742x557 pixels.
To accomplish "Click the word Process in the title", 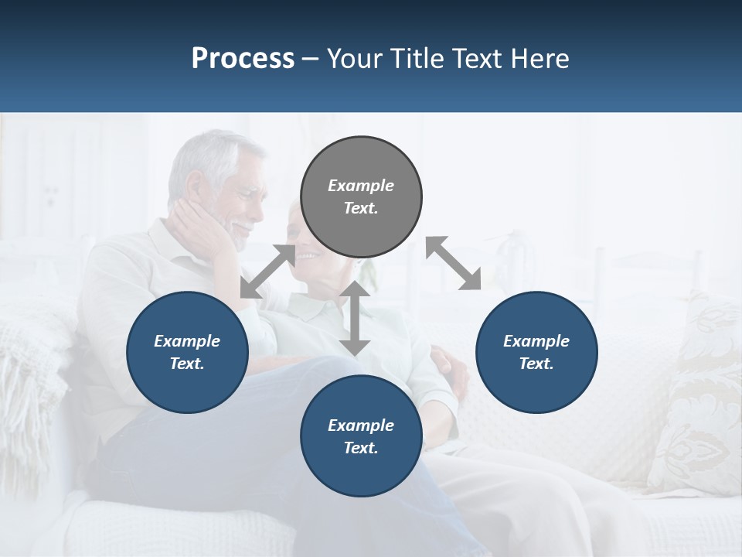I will tap(243, 59).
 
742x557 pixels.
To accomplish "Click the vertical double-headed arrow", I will tap(355, 319).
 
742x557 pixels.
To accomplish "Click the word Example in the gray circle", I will tap(361, 186).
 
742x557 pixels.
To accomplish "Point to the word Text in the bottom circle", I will tap(359, 448).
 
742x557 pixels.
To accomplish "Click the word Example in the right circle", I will tap(536, 341).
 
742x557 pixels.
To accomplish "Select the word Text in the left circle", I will tap(186, 364).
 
